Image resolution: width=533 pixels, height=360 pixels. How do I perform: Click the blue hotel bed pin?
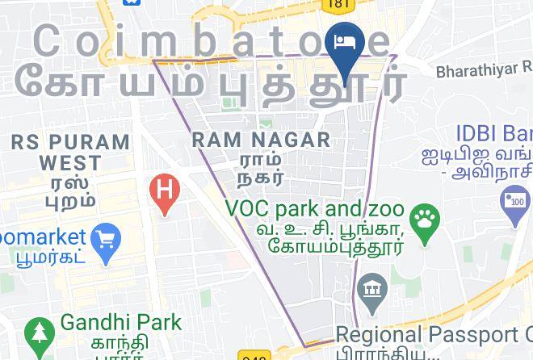(346, 44)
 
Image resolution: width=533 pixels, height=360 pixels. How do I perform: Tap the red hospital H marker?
(165, 192)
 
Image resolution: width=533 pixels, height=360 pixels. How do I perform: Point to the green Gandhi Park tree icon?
(37, 332)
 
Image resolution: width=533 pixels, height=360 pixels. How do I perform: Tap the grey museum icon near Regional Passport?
(371, 288)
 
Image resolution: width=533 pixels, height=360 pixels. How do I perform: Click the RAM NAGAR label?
(262, 140)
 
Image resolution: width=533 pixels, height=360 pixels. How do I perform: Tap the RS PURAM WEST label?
(70, 152)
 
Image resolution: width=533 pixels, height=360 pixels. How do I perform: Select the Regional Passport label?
(433, 334)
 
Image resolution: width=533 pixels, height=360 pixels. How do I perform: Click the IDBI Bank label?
(493, 132)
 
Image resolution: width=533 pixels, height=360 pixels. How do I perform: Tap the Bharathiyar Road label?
(483, 69)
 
